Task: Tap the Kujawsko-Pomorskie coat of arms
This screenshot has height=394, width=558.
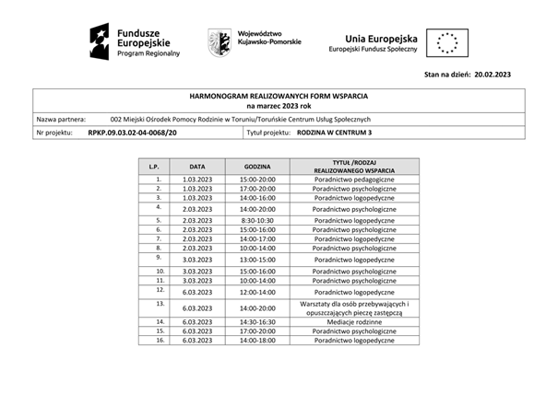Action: point(219,41)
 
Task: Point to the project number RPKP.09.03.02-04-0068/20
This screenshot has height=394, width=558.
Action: point(132,133)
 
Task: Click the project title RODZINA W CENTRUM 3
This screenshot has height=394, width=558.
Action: point(335,133)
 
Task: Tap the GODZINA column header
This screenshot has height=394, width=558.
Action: point(256,167)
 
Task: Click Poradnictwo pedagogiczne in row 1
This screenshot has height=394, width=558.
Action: point(354,179)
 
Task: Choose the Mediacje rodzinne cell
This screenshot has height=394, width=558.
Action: point(354,321)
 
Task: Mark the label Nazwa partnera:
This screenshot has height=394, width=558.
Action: point(61,120)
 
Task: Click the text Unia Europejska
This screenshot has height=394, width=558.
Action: point(380,39)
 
